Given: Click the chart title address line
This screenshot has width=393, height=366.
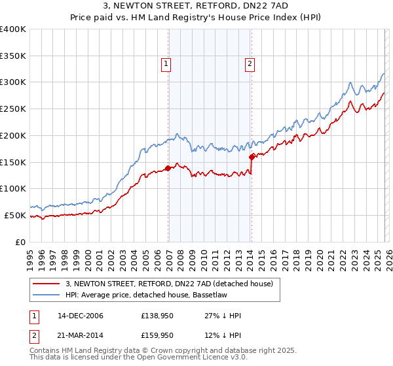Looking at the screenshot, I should (x=196, y=6).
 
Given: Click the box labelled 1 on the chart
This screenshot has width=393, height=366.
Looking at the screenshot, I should (x=166, y=64).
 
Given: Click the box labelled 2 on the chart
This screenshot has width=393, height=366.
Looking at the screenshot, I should (x=250, y=64).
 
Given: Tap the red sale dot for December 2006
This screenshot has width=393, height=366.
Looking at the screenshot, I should (x=168, y=168).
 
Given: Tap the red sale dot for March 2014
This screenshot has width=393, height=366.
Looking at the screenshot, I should (x=252, y=157).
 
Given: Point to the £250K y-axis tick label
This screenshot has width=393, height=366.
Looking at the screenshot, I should (x=13, y=109).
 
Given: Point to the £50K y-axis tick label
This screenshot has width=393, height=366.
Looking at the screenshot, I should (x=15, y=215).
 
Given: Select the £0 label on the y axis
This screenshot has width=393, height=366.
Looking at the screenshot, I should (x=20, y=242).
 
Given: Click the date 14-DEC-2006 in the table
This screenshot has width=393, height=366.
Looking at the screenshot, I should (x=80, y=316).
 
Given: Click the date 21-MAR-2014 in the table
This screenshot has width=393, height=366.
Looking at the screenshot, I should (x=80, y=335).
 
